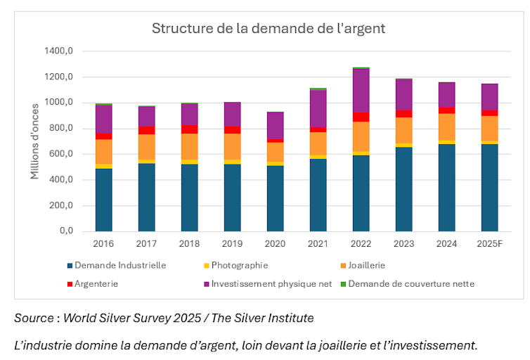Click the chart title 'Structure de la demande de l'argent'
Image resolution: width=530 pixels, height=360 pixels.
pyautogui.click(x=269, y=29)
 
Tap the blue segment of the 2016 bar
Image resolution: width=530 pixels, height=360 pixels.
pyautogui.click(x=104, y=200)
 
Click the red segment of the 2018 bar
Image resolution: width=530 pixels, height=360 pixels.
pyautogui.click(x=190, y=129)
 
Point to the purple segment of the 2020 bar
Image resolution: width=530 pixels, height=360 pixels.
pyautogui.click(x=276, y=125)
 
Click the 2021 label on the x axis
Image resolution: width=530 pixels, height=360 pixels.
pyautogui.click(x=318, y=244)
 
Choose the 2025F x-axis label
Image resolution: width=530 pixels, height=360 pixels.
pyautogui.click(x=489, y=244)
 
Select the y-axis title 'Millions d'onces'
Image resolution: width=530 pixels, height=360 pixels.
pyautogui.click(x=34, y=141)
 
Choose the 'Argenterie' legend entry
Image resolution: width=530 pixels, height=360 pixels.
pyautogui.click(x=96, y=283)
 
